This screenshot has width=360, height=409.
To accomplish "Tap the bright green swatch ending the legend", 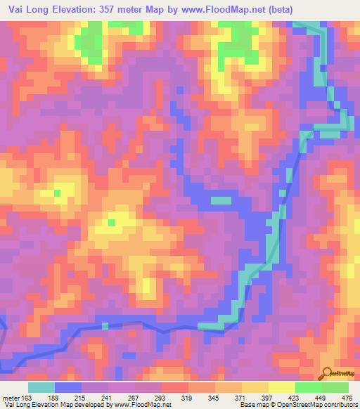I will tap(335, 387).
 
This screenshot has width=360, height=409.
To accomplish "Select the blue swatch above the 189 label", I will tap(67, 387).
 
